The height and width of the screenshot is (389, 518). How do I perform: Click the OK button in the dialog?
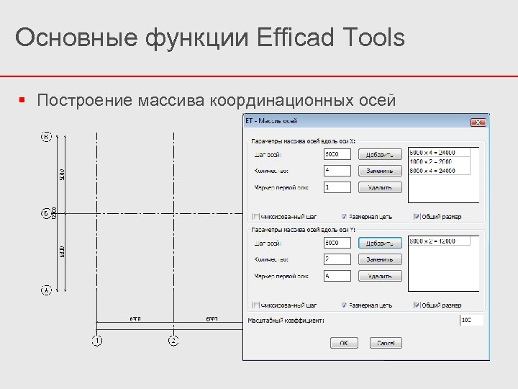pos(344,343)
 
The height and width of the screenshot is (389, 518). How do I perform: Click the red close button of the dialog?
pos(478,122)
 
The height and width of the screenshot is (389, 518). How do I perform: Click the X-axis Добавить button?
pos(380,154)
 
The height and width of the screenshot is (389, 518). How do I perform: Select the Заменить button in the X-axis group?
pos(380,171)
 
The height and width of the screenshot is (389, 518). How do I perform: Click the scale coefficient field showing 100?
pos(471,320)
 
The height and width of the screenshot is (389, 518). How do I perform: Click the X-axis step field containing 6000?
pos(337,154)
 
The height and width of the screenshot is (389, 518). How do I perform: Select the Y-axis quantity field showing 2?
pos(337,259)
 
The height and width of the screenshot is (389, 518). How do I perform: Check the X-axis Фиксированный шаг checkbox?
pos(255,216)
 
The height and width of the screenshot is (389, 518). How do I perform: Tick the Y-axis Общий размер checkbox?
pos(417,305)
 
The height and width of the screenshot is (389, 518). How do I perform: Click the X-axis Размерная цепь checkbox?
pos(344,216)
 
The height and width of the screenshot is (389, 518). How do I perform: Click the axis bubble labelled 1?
pos(97,340)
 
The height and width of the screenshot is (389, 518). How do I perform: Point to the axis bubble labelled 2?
pos(173,340)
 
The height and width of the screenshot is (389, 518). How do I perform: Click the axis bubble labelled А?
pos(46,290)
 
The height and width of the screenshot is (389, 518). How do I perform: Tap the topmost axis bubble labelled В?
pos(46,136)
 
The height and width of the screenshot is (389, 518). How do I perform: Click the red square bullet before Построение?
pos(23,99)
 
